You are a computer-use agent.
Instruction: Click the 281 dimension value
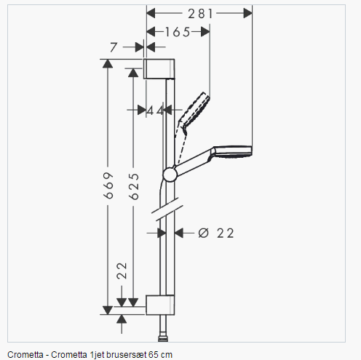pos(200,14)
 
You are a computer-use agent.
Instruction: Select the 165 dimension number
pos(178,32)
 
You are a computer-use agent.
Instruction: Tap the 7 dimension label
pos(114,47)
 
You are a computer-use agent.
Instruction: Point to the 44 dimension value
pos(155,111)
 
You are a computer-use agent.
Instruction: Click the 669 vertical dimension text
pos(108,185)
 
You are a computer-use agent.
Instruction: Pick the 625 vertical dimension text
pos(134,186)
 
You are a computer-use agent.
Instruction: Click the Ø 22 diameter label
pos(216,233)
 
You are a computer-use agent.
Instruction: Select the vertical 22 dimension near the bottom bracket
pos(122,271)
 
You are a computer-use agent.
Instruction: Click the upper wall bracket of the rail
pos(159,68)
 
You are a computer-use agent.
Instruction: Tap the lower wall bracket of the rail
pos(160,305)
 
